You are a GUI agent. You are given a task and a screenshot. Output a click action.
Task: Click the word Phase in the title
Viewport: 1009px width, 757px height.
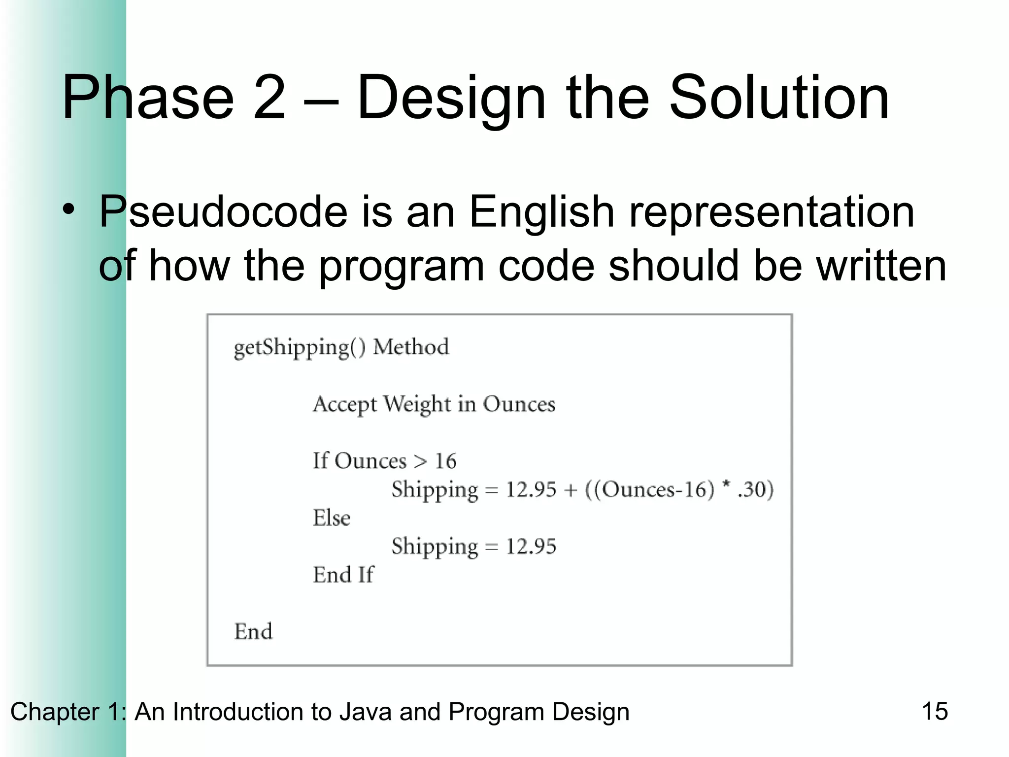(x=148, y=97)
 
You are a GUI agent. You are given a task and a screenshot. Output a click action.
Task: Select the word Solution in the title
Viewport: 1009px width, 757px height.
(x=779, y=97)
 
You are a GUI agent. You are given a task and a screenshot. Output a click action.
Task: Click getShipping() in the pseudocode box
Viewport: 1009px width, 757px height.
(x=300, y=348)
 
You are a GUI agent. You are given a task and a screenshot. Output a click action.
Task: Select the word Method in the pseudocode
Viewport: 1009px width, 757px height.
(x=411, y=347)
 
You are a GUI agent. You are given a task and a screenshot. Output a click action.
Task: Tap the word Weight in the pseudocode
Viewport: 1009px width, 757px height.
(x=417, y=405)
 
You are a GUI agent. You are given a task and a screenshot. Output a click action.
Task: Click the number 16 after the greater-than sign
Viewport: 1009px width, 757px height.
(x=445, y=461)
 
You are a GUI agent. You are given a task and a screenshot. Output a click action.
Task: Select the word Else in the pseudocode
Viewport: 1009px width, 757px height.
(x=332, y=518)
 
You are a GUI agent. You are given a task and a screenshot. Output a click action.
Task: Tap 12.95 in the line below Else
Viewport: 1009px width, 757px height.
(x=531, y=547)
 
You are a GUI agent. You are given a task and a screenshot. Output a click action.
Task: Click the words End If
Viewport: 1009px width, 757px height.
(x=343, y=575)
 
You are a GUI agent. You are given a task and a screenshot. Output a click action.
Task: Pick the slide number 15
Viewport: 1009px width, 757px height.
(x=935, y=711)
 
